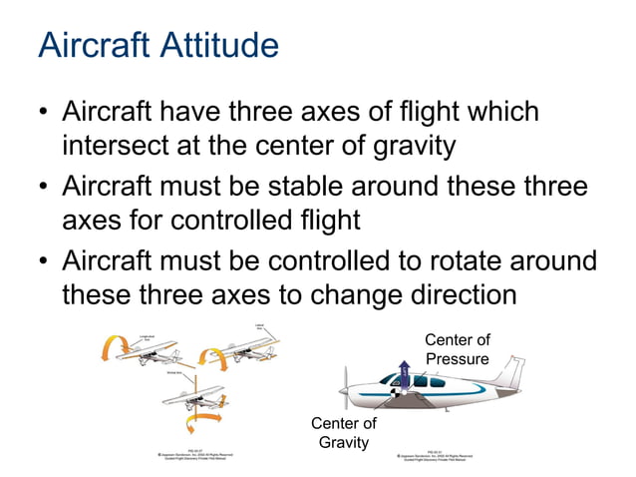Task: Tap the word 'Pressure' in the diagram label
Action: pos(457,358)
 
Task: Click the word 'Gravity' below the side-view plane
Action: pos(343,442)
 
